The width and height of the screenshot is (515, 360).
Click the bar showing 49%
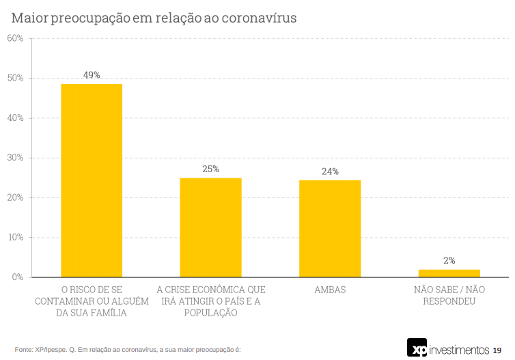(x=92, y=180)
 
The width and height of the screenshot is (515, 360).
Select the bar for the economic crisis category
(x=210, y=227)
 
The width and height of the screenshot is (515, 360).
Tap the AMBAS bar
(x=330, y=228)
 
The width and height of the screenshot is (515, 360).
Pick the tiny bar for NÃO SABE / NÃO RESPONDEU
(x=449, y=273)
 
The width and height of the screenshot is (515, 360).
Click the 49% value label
(x=92, y=74)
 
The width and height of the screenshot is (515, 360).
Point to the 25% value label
(x=210, y=169)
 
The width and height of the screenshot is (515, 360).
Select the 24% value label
(x=330, y=171)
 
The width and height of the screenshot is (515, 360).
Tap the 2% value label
(x=449, y=260)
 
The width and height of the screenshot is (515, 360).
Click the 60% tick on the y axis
(x=15, y=38)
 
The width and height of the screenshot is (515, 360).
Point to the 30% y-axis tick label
(x=15, y=158)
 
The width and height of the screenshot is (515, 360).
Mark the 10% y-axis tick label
(x=15, y=238)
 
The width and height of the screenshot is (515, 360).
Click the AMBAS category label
(x=330, y=290)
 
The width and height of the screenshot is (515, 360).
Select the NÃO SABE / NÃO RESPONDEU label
(x=449, y=295)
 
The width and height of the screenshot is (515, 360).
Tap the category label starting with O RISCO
(x=92, y=301)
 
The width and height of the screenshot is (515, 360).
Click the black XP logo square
(x=417, y=348)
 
